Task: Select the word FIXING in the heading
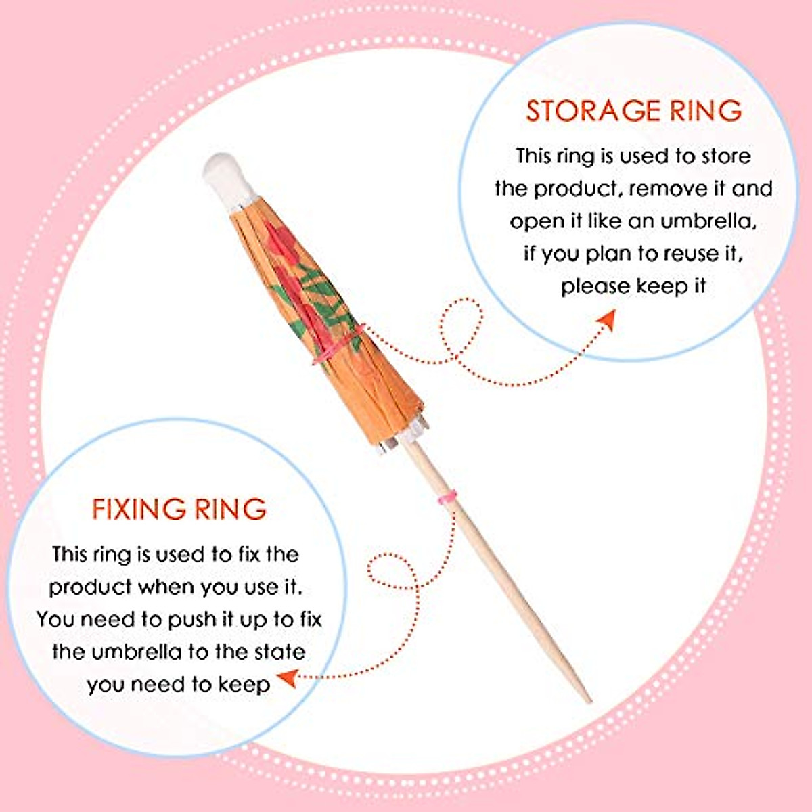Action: tap(139, 509)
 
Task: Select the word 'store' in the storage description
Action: tap(726, 157)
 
